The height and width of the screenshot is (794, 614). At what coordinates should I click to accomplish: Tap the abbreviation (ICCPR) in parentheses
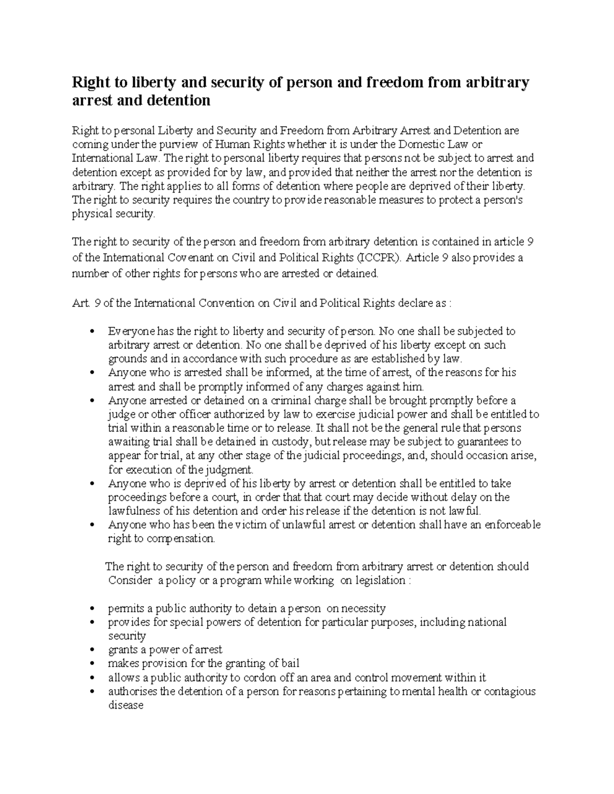coord(379,257)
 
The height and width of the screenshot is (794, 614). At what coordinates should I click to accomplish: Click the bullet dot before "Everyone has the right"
coord(91,331)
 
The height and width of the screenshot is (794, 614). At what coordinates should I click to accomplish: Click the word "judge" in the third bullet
coord(121,414)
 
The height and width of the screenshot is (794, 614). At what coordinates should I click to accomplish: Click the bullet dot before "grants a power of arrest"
coord(91,650)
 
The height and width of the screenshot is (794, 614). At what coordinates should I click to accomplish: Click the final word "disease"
coord(126,706)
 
